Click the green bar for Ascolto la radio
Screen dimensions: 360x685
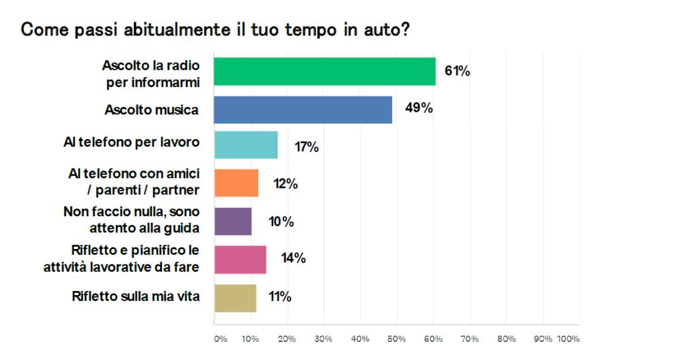[324, 72]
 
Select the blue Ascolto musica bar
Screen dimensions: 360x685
[302, 110]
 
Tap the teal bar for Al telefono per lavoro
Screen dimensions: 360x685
[246, 145]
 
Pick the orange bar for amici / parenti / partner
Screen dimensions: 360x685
[236, 183]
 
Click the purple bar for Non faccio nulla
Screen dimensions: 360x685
[233, 221]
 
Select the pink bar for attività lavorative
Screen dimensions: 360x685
[240, 259]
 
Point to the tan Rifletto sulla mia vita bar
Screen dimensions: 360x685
[235, 298]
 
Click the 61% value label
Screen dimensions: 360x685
[458, 71]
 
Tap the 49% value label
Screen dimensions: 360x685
[419, 108]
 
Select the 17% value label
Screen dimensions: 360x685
[307, 147]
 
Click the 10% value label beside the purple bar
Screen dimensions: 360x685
[282, 221]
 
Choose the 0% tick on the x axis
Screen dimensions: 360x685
[220, 339]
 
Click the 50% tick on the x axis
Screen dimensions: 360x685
[396, 339]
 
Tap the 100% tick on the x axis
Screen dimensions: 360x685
[568, 339]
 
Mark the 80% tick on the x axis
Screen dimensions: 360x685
[506, 339]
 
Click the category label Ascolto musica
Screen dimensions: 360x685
[152, 110]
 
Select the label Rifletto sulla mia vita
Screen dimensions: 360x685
[136, 296]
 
